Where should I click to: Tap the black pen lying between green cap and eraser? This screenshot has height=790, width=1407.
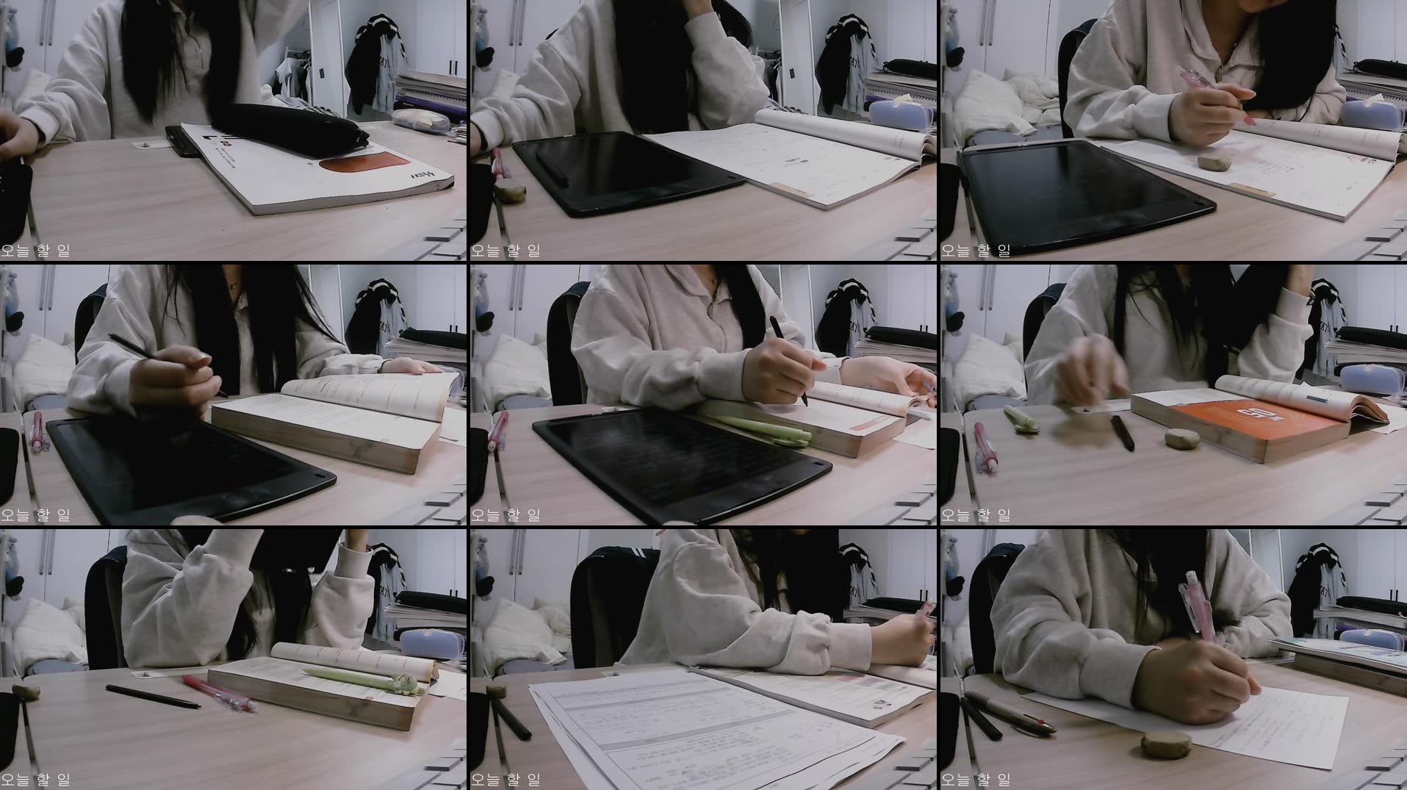pyautogui.click(x=1122, y=433)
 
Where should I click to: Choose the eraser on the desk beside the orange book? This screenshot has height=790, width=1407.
pyautogui.click(x=1181, y=439)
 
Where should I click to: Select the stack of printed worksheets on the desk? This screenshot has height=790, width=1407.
pyautogui.click(x=705, y=728)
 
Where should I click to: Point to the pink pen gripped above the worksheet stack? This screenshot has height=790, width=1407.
pyautogui.click(x=918, y=621)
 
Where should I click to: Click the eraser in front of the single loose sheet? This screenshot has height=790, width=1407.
pyautogui.click(x=1167, y=744)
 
